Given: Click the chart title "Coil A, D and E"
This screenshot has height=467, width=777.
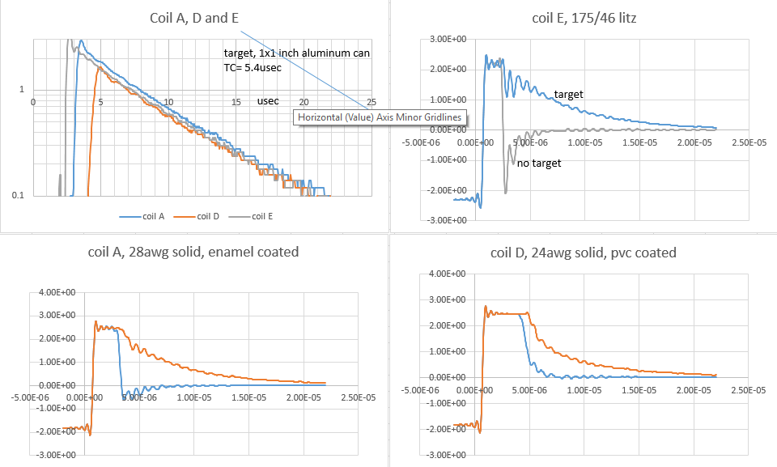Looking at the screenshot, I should [195, 18].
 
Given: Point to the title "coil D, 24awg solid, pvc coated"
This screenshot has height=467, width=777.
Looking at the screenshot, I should [584, 253].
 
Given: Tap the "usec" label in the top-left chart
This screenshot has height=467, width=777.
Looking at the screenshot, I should [269, 102].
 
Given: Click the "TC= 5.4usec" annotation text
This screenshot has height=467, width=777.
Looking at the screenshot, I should [256, 68].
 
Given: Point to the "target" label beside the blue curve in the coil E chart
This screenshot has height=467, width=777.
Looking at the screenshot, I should [568, 95].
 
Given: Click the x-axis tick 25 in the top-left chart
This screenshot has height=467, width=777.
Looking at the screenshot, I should [372, 102].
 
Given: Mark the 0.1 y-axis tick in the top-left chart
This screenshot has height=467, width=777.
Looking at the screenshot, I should [16, 196].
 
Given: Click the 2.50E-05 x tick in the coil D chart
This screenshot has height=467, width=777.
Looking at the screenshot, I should [747, 390].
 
